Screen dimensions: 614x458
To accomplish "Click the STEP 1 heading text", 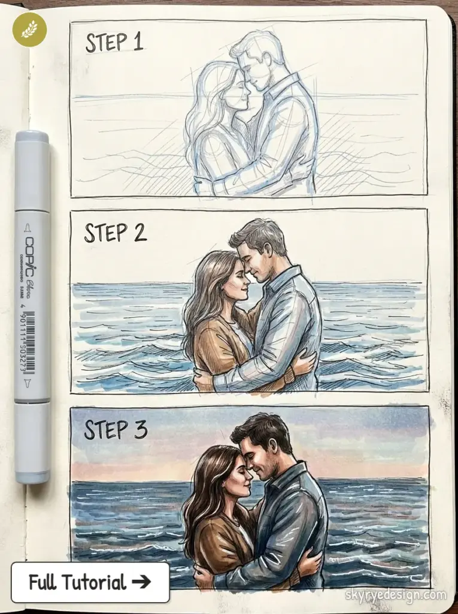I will (x=114, y=43).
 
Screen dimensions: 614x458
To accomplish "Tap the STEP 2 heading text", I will (x=115, y=233).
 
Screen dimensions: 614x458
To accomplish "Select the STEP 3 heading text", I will (x=115, y=429).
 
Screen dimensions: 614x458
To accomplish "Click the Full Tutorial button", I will (x=90, y=582).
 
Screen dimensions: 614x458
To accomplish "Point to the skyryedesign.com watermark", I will (x=396, y=595).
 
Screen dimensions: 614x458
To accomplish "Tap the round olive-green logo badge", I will (x=29, y=29).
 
